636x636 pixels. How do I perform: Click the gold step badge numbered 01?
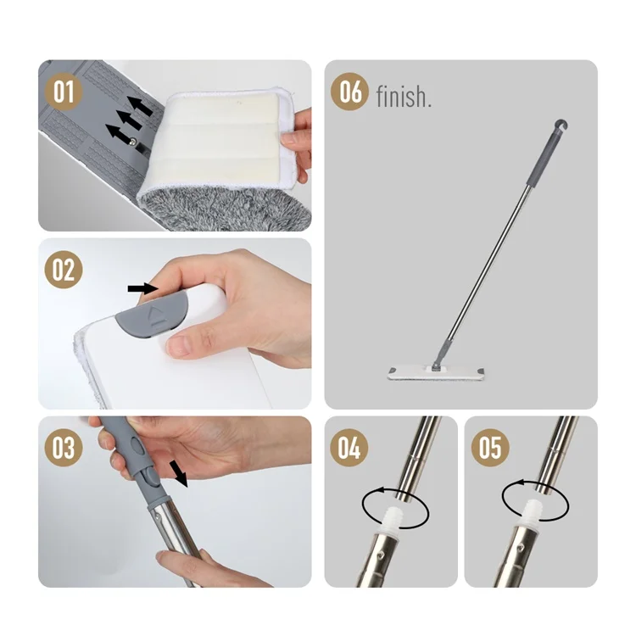64,92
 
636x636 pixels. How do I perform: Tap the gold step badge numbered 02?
64,270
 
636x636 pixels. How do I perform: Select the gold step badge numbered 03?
64,448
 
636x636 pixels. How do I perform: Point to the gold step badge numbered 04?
349,448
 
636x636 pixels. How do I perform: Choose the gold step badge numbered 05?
490,448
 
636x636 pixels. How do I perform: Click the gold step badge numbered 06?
350,92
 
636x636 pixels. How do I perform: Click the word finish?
404,97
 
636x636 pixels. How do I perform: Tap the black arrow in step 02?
142,288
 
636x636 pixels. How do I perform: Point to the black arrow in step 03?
178,473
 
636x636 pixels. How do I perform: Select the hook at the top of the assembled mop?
561,125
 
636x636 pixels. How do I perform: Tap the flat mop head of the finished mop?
437,374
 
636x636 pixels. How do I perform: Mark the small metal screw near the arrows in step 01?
133,141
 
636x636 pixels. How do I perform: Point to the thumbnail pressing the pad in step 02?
179,346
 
